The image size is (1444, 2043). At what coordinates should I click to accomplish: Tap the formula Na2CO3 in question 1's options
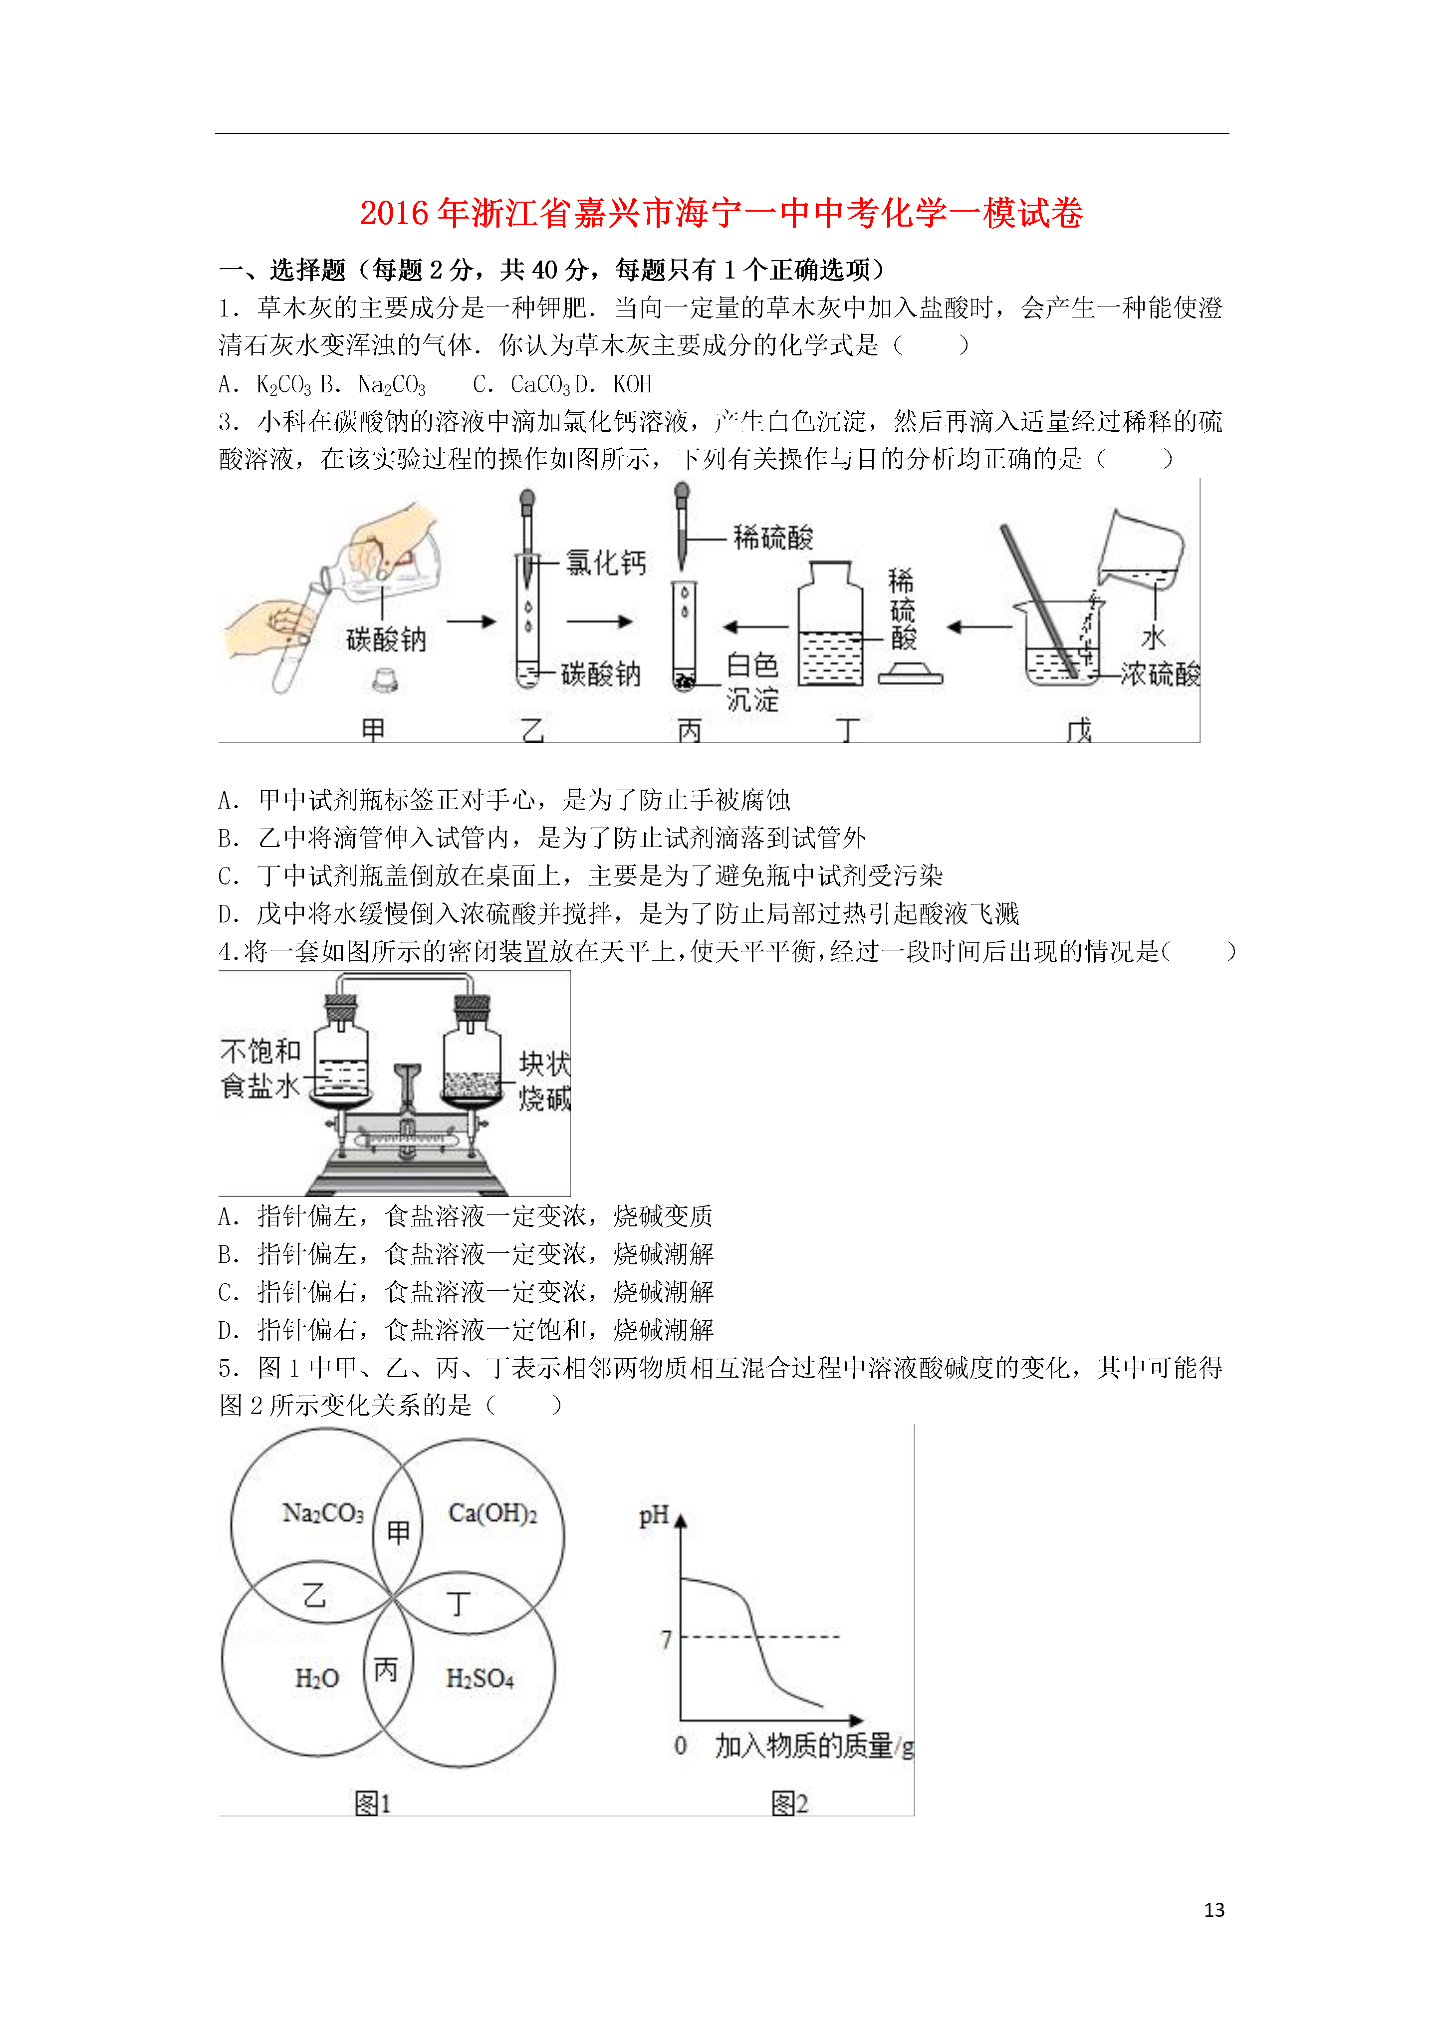(392, 384)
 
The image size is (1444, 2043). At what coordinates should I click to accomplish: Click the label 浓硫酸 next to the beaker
(1159, 673)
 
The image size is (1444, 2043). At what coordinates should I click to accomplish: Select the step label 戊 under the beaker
(1078, 731)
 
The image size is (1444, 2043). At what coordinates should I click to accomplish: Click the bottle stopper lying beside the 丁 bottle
(910, 673)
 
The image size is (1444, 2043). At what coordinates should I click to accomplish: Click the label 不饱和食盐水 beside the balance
(260, 1069)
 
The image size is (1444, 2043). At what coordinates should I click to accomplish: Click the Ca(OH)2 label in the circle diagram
(493, 1513)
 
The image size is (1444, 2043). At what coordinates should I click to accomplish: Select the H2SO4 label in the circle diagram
(480, 1678)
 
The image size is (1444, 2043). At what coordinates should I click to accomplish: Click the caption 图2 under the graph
(789, 1803)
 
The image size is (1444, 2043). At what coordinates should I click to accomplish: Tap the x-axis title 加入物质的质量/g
(814, 1746)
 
